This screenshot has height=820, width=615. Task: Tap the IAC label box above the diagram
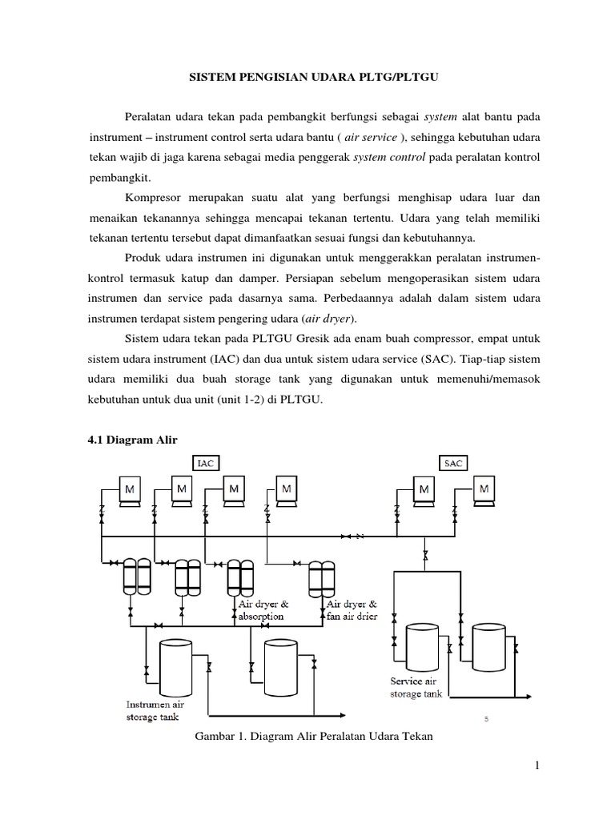[x=206, y=463]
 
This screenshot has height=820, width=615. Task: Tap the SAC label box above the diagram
[x=453, y=463]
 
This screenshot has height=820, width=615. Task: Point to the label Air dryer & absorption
[x=260, y=610]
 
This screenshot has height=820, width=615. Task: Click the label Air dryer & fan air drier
[x=350, y=609]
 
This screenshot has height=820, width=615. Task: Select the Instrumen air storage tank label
[x=154, y=710]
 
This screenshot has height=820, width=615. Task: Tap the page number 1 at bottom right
[x=538, y=766]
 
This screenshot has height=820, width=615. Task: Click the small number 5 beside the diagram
[x=487, y=720]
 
